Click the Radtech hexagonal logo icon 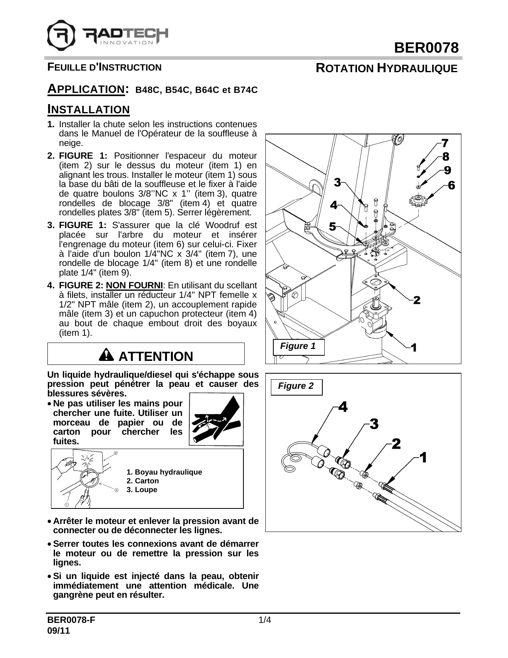[61, 34]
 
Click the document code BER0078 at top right [426, 48]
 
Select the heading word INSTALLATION [88, 109]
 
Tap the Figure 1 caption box [298, 346]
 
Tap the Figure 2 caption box [296, 386]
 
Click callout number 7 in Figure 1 [445, 143]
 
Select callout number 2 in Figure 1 [417, 300]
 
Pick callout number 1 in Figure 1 [414, 348]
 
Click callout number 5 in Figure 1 [332, 227]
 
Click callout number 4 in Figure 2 [343, 407]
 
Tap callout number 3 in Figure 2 [374, 424]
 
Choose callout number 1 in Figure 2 [423, 457]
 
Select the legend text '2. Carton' [142, 481]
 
